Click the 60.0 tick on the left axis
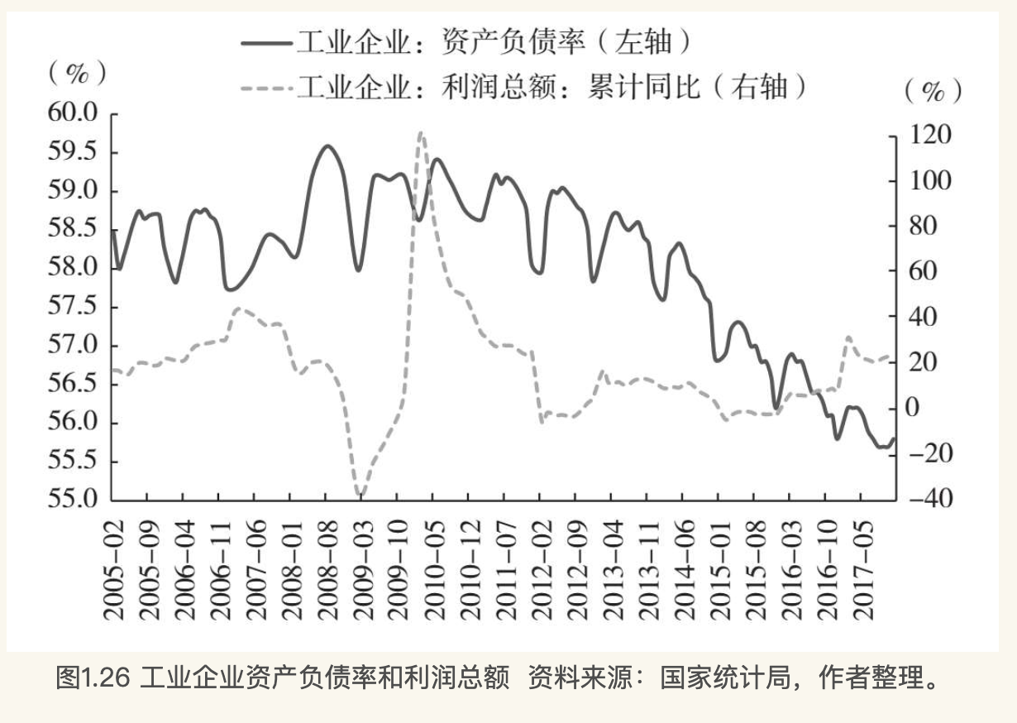(x=73, y=113)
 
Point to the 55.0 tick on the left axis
(x=73, y=499)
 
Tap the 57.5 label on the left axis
(x=73, y=305)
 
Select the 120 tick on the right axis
(x=930, y=135)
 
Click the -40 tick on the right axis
(x=929, y=499)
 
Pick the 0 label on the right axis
(x=913, y=408)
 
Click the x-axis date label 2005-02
(x=113, y=571)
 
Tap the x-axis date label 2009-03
(x=363, y=571)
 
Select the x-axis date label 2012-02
(x=542, y=571)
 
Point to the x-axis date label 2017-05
(x=863, y=571)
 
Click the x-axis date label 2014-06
(x=685, y=571)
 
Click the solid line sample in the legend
(x=266, y=43)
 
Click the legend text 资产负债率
(x=513, y=42)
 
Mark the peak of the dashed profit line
(x=421, y=132)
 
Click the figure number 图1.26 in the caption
(x=93, y=678)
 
